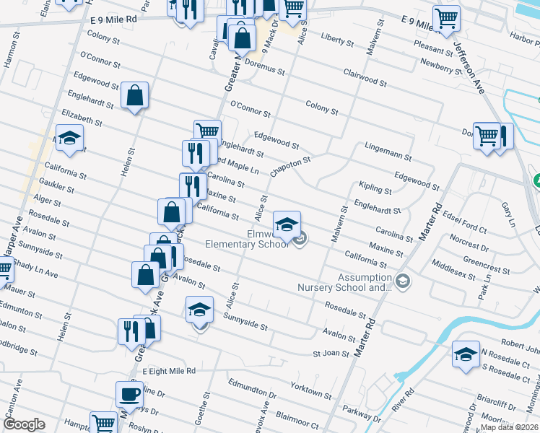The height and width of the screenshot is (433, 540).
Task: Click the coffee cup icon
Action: [x=129, y=394]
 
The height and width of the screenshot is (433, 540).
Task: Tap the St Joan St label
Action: [x=331, y=354]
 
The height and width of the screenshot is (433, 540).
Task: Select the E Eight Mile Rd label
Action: [x=169, y=371]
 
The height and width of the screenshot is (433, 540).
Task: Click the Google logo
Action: [x=25, y=424]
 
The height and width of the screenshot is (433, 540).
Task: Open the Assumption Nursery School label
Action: [x=344, y=282]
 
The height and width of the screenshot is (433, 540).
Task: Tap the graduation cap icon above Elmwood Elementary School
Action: [x=287, y=222]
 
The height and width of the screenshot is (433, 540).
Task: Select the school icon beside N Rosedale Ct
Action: [x=466, y=354]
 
